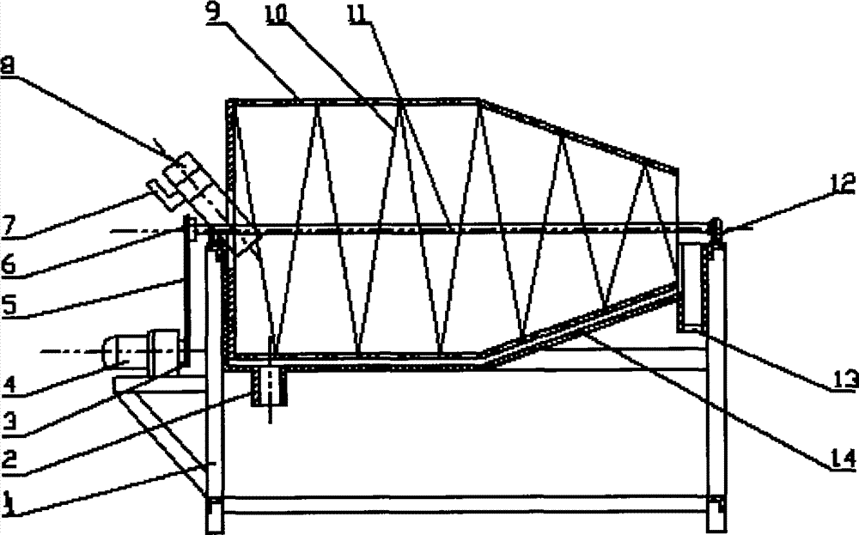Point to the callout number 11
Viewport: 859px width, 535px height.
[x=358, y=11]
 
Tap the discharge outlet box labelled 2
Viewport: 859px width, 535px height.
[x=269, y=387]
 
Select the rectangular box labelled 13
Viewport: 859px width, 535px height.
[x=691, y=289]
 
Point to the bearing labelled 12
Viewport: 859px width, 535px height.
[x=715, y=227]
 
